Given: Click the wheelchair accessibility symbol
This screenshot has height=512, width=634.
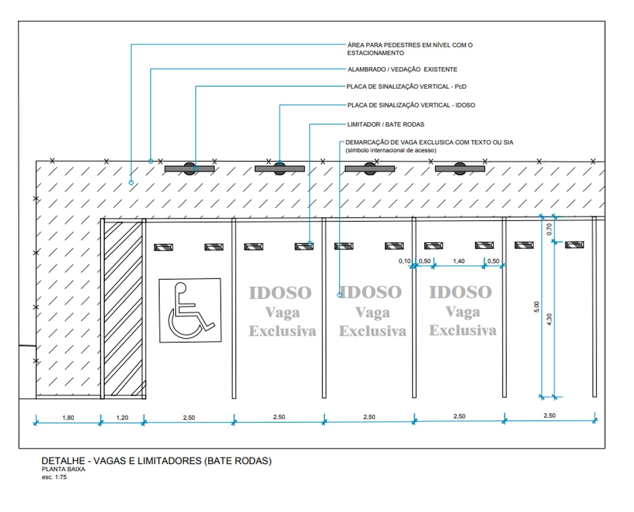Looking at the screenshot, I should (190, 310).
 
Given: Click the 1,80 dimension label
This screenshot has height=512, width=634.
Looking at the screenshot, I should (68, 417).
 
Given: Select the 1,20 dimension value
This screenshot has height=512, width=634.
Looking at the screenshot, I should (122, 417).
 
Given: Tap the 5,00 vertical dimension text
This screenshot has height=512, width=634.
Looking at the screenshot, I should (537, 307).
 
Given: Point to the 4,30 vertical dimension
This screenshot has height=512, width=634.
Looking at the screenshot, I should (549, 319).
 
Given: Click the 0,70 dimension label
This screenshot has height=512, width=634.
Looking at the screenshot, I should (549, 229).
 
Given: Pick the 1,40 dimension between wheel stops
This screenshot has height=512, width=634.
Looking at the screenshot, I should (458, 261).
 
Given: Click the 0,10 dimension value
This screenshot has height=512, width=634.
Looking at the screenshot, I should (404, 261).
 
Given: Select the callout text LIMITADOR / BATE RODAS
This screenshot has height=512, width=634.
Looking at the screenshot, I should (386, 124).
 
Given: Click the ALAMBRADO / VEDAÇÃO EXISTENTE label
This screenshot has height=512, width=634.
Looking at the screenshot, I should (402, 69).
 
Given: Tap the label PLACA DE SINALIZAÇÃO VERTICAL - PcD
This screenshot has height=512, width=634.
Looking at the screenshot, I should (406, 86).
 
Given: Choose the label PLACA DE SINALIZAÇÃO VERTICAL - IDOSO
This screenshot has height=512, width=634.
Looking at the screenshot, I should (411, 105).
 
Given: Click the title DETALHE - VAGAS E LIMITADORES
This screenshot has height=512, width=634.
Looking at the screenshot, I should (157, 461).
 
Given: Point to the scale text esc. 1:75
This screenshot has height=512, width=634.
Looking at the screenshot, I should (54, 477).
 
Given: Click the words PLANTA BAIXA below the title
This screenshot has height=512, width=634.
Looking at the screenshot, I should (63, 469).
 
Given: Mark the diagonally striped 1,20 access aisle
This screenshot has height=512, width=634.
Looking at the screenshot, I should (123, 309).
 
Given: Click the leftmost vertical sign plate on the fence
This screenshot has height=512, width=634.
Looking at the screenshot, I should (189, 169).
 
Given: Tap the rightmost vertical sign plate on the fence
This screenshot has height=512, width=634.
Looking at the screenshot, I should (460, 169).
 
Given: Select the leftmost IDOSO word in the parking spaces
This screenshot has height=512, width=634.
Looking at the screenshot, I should (280, 293).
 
